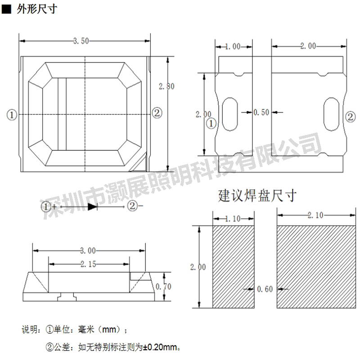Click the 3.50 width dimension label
(x=81, y=41)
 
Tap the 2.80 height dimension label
(x=166, y=86)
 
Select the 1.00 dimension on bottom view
(x=233, y=47)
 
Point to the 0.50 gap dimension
(x=261, y=112)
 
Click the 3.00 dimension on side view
(x=88, y=251)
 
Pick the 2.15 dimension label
(x=88, y=264)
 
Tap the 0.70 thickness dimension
(x=163, y=287)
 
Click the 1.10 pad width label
(x=233, y=219)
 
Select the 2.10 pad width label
(x=315, y=215)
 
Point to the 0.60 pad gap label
(x=265, y=289)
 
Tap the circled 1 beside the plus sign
(x=46, y=207)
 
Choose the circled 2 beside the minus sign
(x=132, y=206)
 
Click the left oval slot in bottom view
(x=230, y=114)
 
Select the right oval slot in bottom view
(x=331, y=114)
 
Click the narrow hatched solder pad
(x=233, y=266)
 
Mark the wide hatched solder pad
(x=316, y=266)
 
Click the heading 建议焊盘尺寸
(x=257, y=196)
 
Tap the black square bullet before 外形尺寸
(x=6, y=9)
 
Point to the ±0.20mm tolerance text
(x=160, y=347)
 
